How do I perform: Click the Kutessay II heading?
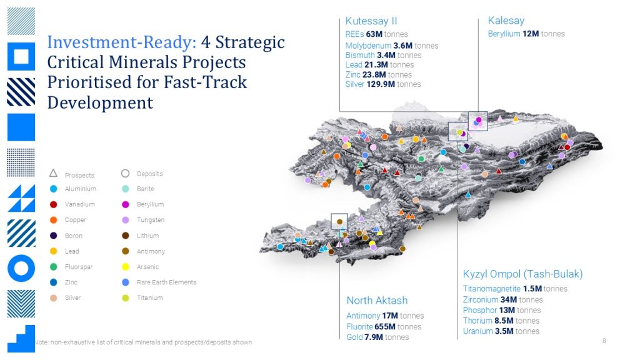coord(371,21)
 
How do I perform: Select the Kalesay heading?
coord(506,21)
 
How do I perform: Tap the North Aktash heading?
coord(377,301)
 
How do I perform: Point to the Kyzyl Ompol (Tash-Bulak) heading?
coord(523,274)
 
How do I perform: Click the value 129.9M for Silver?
coord(381,84)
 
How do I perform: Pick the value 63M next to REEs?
coord(374,34)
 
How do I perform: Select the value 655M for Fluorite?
coord(385,326)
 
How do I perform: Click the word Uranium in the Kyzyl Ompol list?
coord(477,331)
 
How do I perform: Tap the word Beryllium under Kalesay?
coord(504,34)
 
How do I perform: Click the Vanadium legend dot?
coord(54,204)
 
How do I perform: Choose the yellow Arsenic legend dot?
coord(126,267)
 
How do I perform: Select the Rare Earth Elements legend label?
coord(166,282)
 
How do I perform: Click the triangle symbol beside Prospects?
coord(54,173)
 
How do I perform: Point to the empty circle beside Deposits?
coord(125,174)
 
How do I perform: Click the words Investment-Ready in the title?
coord(122,42)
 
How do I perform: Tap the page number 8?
coord(604,341)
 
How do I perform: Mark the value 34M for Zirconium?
coord(509,299)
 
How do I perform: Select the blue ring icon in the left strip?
coord(21,268)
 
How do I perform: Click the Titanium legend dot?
coord(126,298)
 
